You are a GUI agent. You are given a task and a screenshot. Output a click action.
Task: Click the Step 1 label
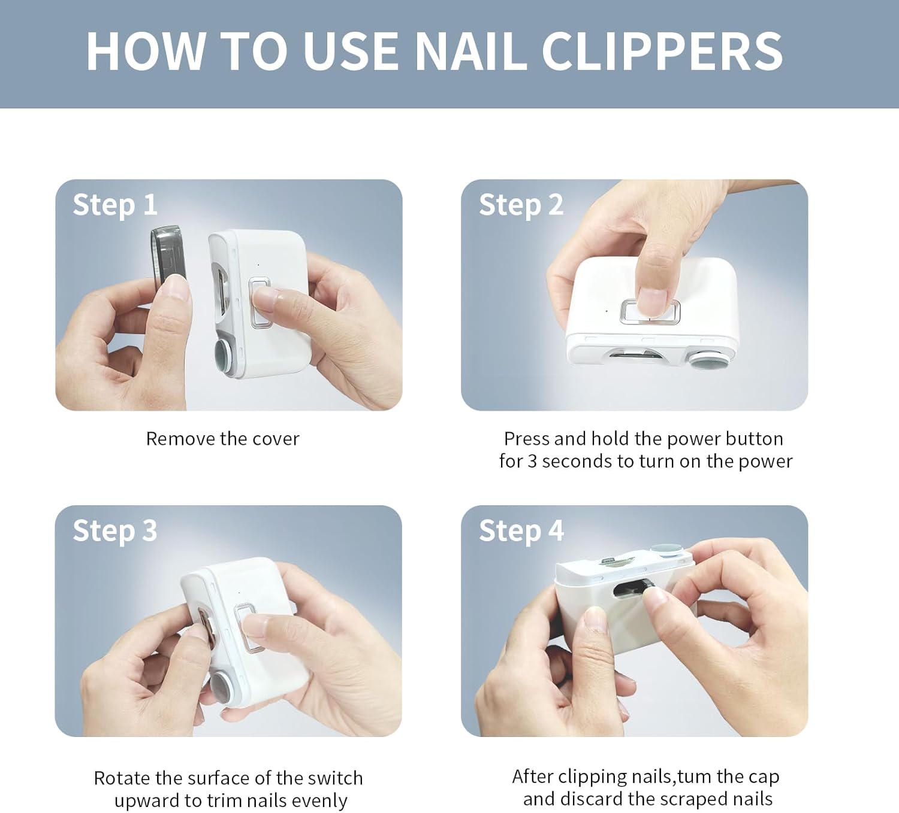click(x=114, y=205)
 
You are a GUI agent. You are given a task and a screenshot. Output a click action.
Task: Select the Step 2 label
click(x=521, y=205)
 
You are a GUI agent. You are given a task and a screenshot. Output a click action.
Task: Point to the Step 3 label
click(x=114, y=532)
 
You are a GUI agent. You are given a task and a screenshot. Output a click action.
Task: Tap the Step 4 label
click(x=521, y=532)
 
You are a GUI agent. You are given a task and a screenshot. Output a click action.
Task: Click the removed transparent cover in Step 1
click(x=168, y=254)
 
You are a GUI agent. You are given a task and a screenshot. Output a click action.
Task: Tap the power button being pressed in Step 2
click(x=650, y=311)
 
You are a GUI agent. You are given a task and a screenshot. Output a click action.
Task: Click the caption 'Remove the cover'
click(x=223, y=439)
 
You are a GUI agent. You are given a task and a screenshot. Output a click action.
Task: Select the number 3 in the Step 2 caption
click(x=532, y=462)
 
